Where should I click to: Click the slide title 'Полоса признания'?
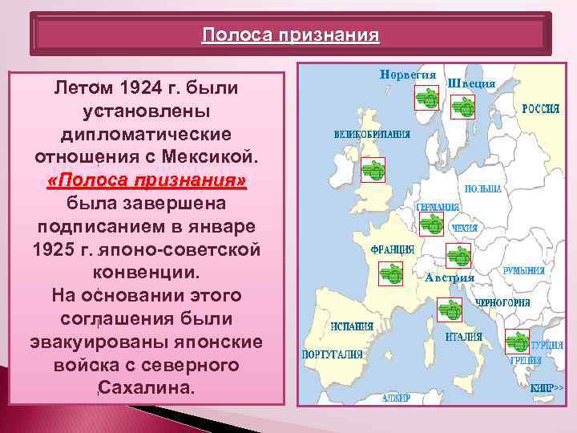290,36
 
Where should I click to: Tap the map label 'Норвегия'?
408,75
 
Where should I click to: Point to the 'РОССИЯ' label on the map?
541,108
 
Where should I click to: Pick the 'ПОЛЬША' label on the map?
482,188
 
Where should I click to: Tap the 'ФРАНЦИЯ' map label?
392,249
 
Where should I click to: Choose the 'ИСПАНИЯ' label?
353,326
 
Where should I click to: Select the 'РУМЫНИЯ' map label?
524,272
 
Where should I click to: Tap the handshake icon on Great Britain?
372,169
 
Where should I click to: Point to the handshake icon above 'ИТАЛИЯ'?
449,310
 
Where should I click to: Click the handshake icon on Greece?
517,343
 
